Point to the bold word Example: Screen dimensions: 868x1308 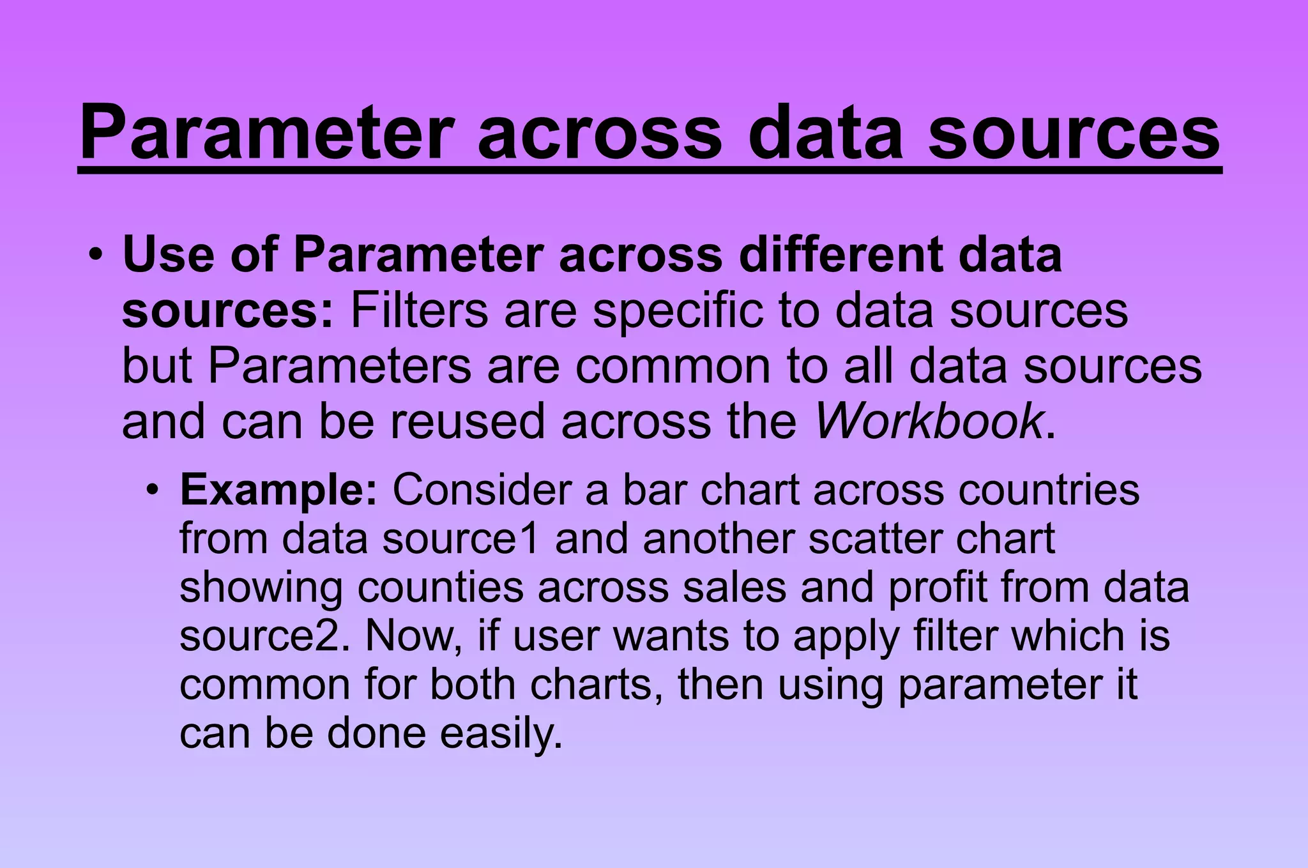[x=279, y=491]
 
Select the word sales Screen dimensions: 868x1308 [x=734, y=588]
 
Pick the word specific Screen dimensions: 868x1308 [x=678, y=311]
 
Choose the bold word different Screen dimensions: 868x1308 [x=840, y=255]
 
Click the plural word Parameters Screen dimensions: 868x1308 [x=340, y=367]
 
